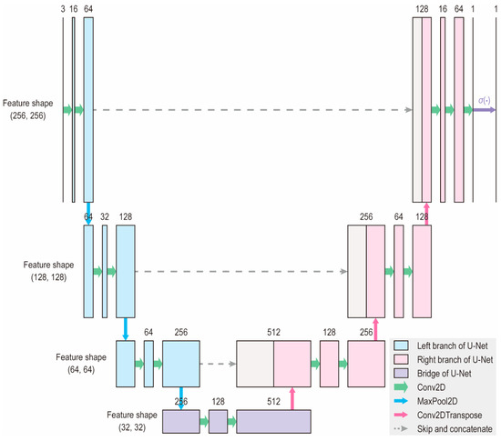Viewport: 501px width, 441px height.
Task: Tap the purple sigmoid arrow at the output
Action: [x=483, y=110]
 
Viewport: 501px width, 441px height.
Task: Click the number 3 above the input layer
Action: [x=63, y=8]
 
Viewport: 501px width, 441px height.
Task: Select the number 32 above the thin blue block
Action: [x=105, y=218]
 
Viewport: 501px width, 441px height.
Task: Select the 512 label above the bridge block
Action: [x=274, y=401]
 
